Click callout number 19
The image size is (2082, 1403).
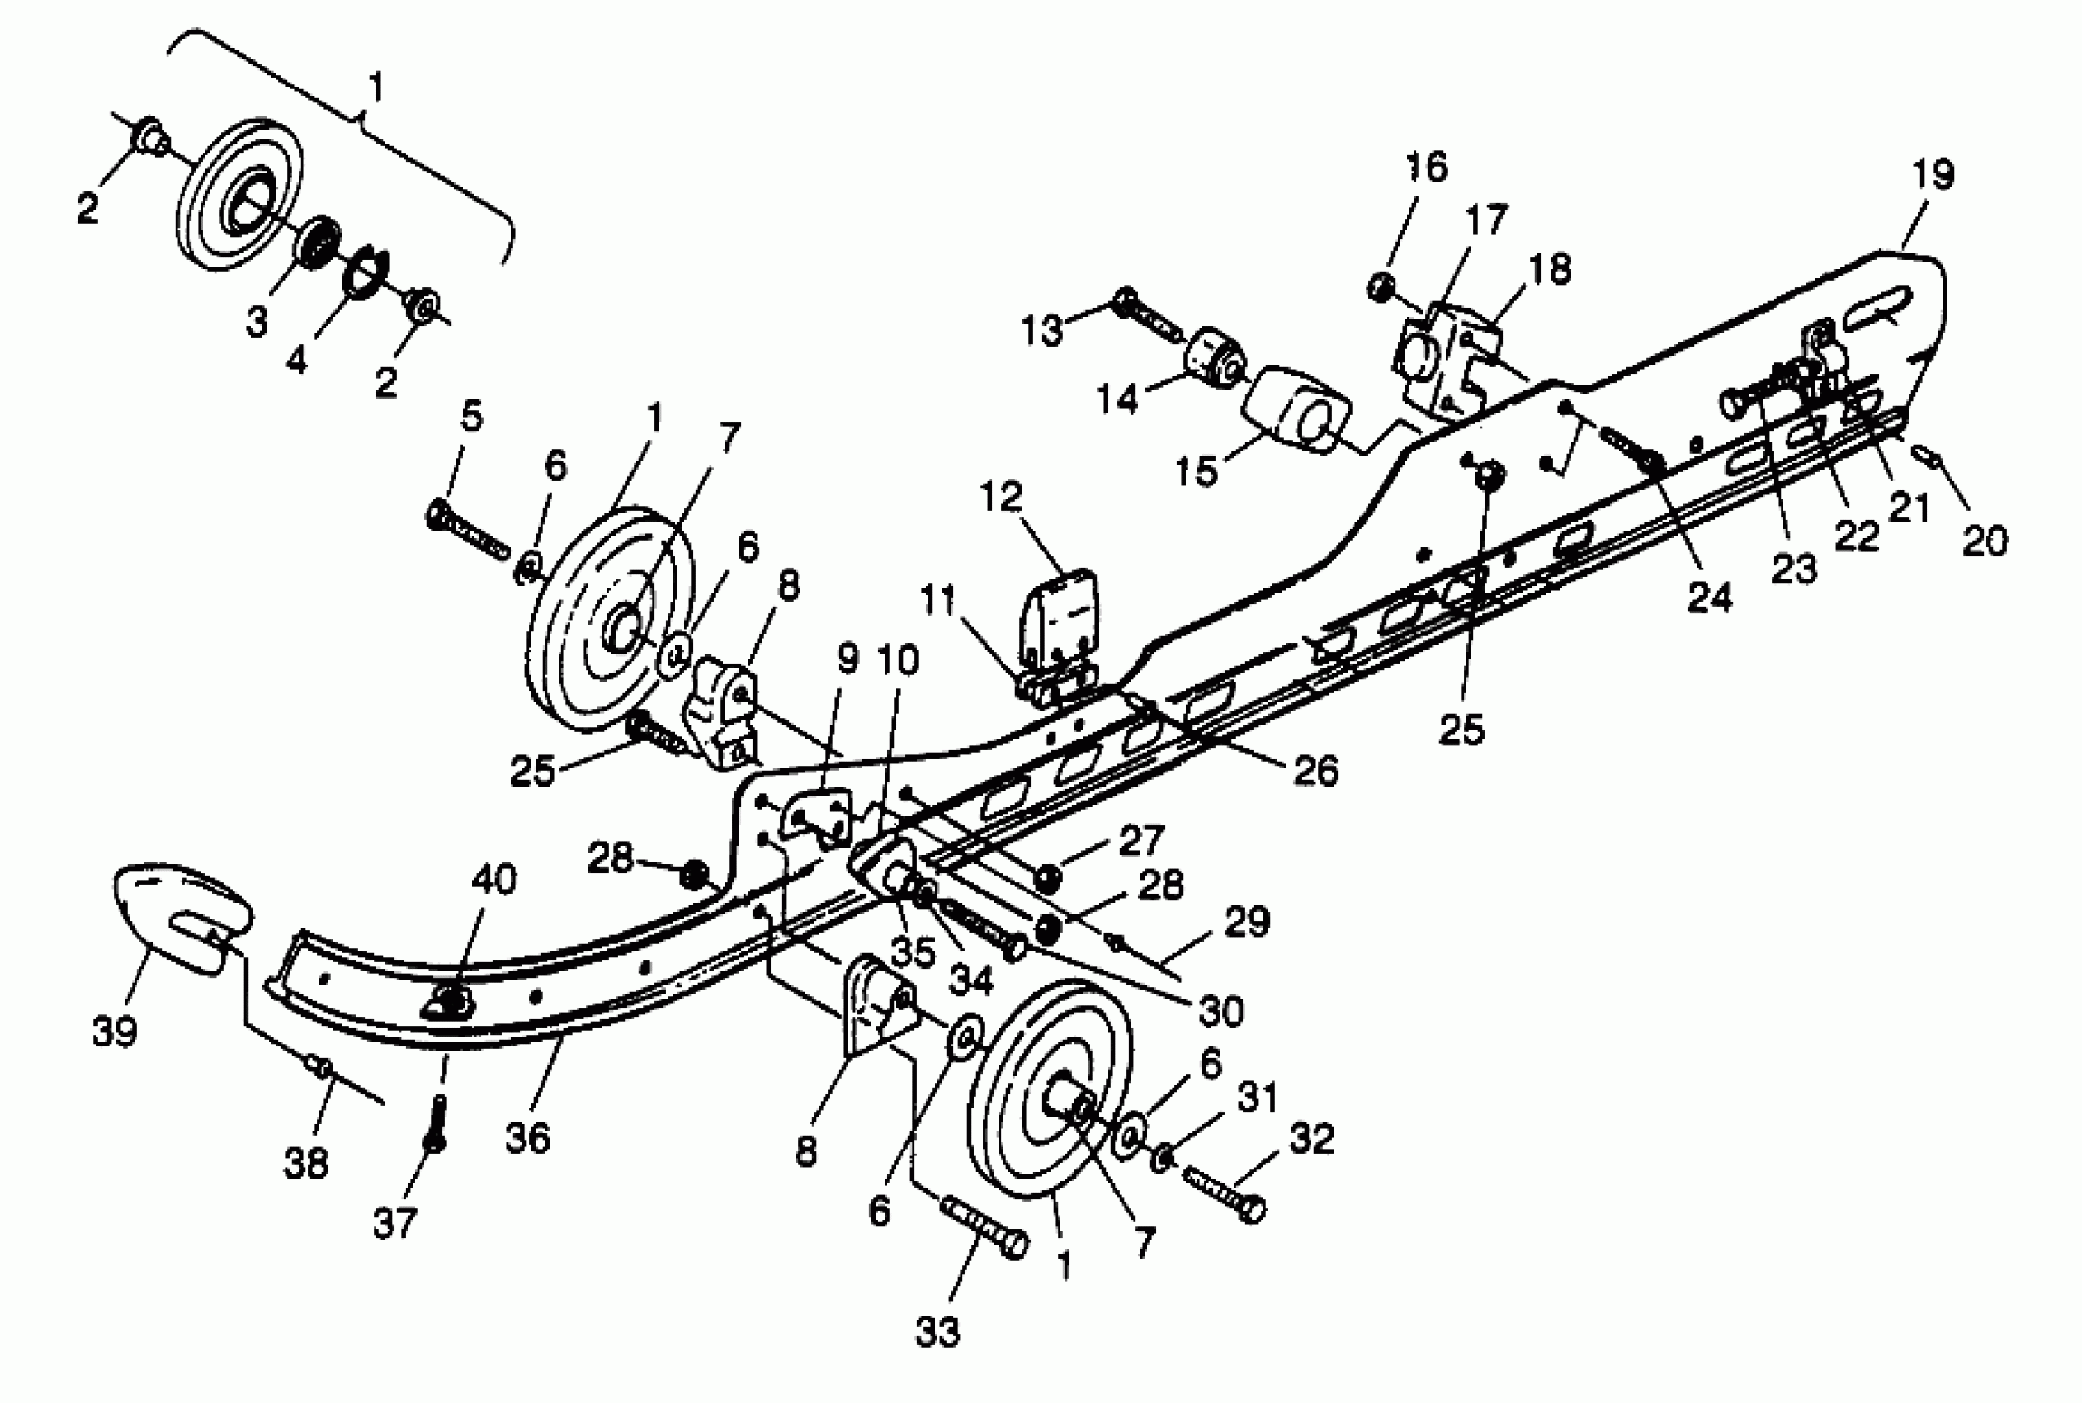1932,173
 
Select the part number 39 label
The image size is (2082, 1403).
115,1032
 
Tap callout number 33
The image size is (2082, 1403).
937,1332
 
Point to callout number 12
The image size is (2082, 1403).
1000,498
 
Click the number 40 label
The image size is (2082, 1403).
493,880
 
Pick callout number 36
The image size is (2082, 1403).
527,1138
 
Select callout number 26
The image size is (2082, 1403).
1315,770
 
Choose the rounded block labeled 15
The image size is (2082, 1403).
1298,408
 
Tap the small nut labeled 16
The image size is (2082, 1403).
1381,287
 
